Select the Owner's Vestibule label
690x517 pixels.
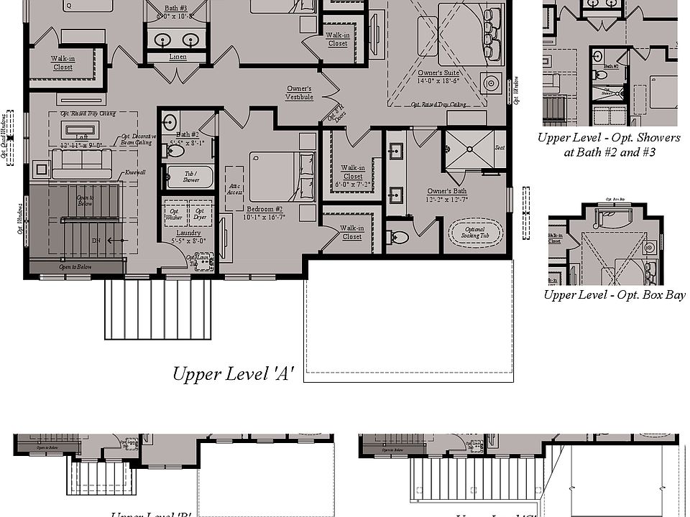point(299,93)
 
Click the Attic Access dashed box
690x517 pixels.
point(234,188)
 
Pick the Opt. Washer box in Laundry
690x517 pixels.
point(174,212)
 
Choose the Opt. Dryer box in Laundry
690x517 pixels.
point(199,212)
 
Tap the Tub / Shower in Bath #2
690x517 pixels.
point(190,177)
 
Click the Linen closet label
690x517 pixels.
point(178,57)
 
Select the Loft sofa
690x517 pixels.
point(81,164)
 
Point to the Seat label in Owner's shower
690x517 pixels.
point(500,148)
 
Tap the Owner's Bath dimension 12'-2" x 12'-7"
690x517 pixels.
point(447,199)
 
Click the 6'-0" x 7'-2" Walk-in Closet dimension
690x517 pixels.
point(352,185)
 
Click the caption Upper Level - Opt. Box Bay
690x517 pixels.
point(614,295)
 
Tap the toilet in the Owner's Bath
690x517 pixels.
point(398,236)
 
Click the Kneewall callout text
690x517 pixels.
point(134,172)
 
